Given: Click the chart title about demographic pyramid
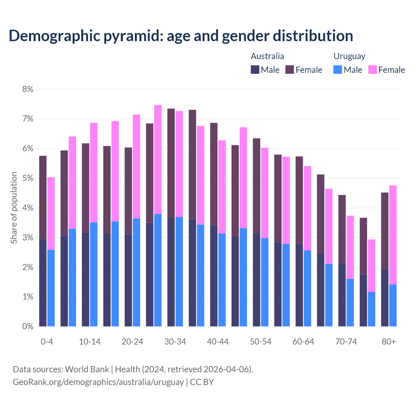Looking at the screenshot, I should point(181,36).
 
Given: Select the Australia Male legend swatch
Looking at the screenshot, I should point(255,70).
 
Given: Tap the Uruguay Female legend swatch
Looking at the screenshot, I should point(372,70).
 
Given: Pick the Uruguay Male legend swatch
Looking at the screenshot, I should point(338,70).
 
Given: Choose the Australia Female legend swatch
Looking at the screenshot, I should point(290,70).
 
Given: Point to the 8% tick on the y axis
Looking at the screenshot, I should point(28,89).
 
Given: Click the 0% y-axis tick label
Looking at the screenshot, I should point(28,326).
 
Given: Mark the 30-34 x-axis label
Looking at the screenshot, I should point(175,342).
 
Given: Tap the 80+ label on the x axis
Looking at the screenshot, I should point(389,342).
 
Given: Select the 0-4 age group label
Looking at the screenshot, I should point(47,342).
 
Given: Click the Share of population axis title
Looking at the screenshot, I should point(14,208).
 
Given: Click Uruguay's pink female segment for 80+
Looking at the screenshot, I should point(393,234).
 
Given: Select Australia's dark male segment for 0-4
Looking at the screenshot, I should point(43,282).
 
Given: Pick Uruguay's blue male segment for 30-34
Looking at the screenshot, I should point(179,271).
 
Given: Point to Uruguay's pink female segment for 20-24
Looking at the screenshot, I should point(137,166).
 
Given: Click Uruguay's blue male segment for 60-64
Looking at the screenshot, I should point(307,288).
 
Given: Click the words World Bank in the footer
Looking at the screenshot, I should point(87,369).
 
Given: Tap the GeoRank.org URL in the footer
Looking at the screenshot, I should point(98,382).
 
